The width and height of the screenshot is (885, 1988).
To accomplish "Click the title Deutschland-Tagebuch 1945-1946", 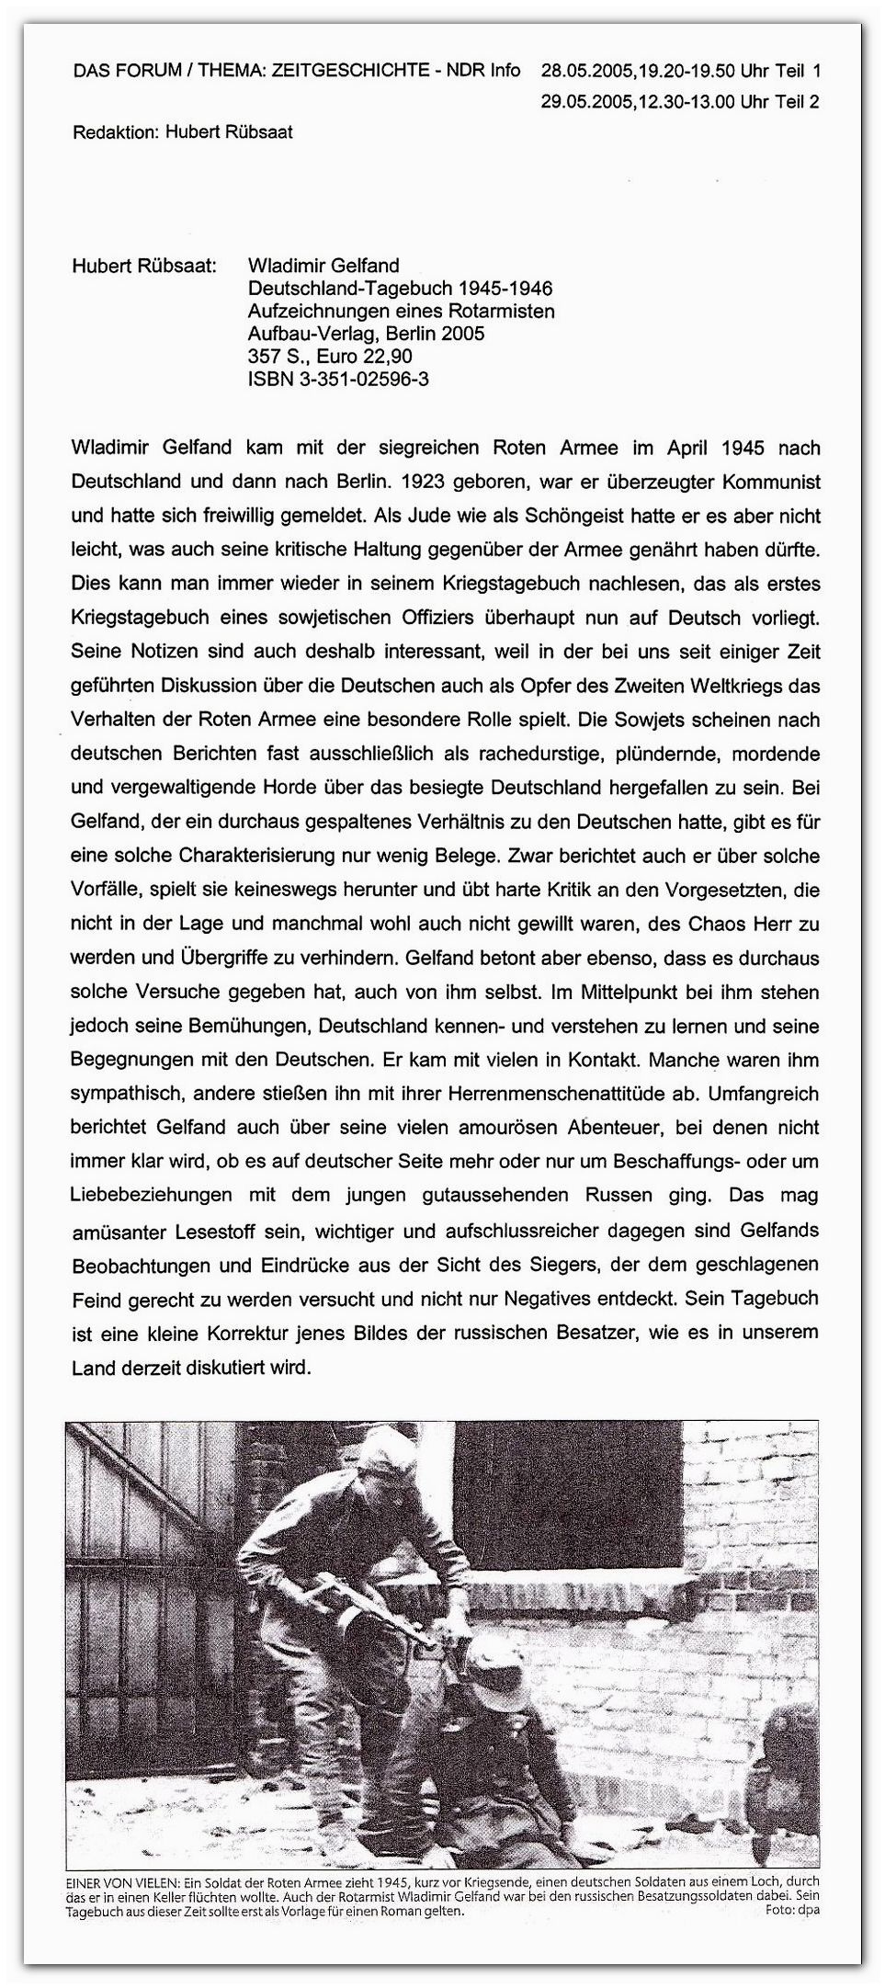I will coord(401,289).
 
